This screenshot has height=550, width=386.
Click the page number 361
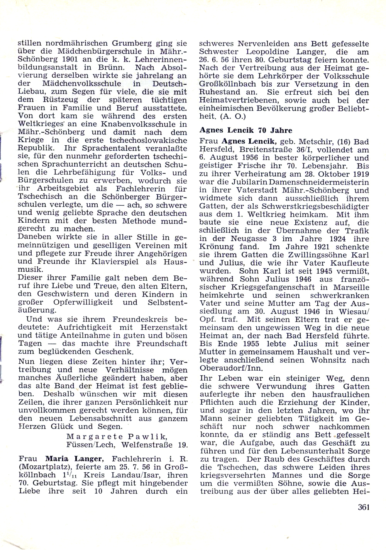coord(364,507)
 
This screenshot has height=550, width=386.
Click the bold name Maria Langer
coord(74,459)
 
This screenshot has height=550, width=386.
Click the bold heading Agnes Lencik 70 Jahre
coord(245,130)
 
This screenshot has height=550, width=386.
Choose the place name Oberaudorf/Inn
coord(230,368)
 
